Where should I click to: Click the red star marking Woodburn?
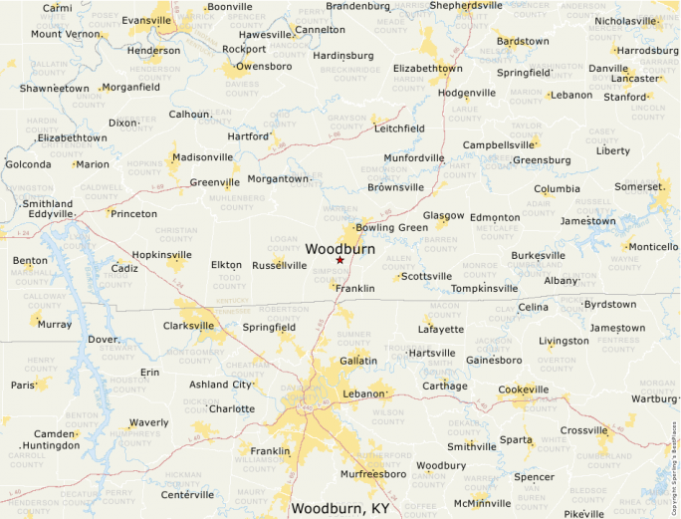click(340, 260)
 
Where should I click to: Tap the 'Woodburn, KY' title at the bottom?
click(340, 508)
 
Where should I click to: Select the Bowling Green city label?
click(391, 227)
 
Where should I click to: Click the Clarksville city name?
click(189, 325)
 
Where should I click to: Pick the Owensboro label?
click(264, 66)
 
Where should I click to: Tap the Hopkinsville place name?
click(162, 254)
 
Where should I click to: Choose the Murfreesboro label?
click(373, 474)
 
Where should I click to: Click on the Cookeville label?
click(523, 389)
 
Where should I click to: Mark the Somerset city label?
click(638, 186)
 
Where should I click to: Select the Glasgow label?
click(443, 215)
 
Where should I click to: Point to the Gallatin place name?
click(358, 359)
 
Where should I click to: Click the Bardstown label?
click(523, 41)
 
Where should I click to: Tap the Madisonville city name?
click(203, 156)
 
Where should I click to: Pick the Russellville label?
click(280, 265)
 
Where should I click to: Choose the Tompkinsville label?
click(484, 288)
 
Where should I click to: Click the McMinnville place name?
click(483, 503)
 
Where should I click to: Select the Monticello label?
click(652, 246)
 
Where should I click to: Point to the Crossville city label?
click(583, 430)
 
